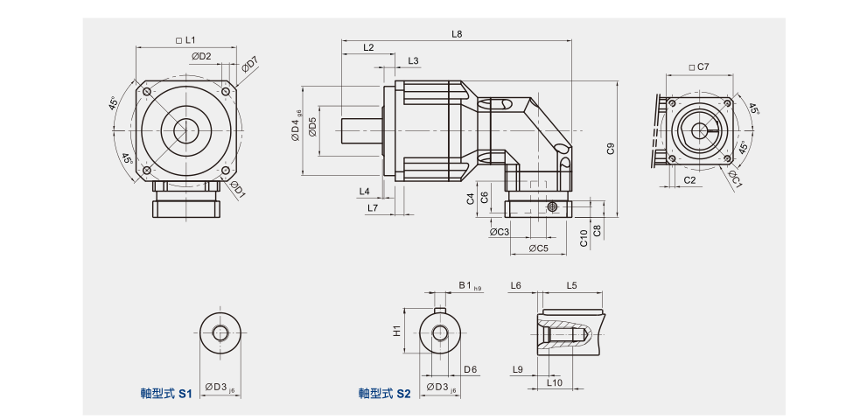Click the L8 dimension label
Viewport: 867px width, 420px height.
click(x=457, y=34)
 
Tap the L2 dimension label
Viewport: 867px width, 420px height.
click(x=367, y=47)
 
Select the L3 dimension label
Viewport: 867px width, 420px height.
click(x=413, y=60)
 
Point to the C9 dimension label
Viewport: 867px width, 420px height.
click(x=612, y=148)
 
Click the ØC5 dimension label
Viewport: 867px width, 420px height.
click(x=539, y=248)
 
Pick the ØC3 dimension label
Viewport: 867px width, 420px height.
click(x=500, y=232)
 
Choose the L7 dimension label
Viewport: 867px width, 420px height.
click(x=373, y=208)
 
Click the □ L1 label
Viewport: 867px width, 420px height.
click(x=185, y=40)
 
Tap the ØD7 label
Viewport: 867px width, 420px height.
click(x=250, y=65)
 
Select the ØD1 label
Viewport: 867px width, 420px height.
click(x=236, y=188)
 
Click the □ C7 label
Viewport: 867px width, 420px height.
click(x=698, y=66)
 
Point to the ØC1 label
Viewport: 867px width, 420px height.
click(x=735, y=180)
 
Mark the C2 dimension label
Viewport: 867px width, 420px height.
click(x=689, y=179)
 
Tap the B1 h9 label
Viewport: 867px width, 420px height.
click(x=470, y=286)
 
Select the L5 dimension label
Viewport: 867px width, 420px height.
click(x=571, y=286)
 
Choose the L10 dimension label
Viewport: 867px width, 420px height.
click(x=554, y=382)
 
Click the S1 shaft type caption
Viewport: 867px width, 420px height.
click(x=166, y=395)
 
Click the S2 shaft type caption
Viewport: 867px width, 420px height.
click(x=384, y=395)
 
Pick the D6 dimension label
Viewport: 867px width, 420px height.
click(x=471, y=369)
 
